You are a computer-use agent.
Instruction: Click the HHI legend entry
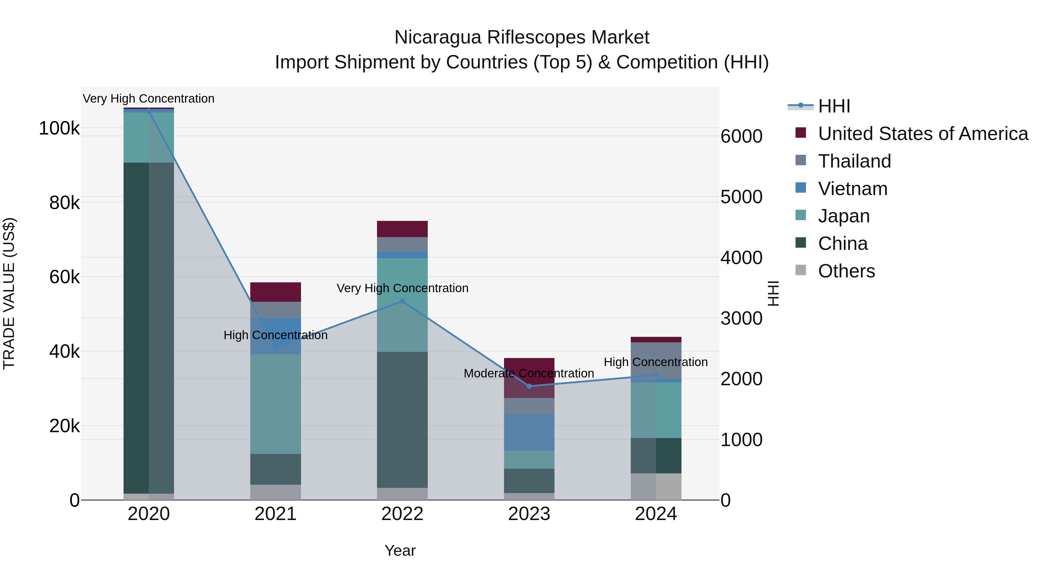click(834, 106)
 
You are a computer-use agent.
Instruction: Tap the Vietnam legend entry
click(852, 189)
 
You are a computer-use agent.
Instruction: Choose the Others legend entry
click(846, 271)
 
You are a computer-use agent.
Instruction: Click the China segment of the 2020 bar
click(149, 328)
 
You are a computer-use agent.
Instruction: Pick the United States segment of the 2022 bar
click(402, 229)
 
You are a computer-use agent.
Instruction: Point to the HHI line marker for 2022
click(402, 301)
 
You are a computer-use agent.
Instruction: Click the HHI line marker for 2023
click(529, 386)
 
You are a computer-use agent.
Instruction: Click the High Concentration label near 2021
click(275, 335)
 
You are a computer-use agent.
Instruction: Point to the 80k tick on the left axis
click(64, 203)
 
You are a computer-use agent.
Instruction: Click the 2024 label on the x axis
click(656, 514)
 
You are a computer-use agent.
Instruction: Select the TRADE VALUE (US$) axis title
click(9, 293)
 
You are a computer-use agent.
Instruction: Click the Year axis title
click(400, 550)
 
